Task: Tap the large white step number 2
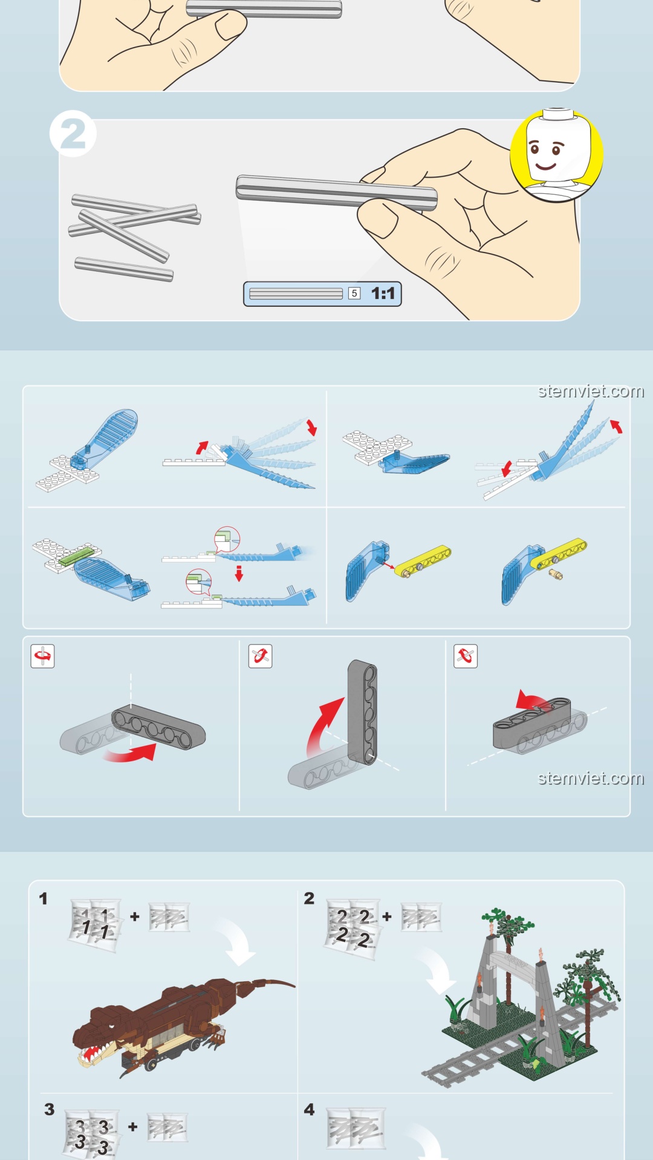pos(73,134)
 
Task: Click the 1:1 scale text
pos(383,294)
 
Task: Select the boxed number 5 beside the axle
pos(354,294)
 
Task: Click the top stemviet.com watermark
pos(591,391)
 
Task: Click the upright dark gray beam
pos(363,712)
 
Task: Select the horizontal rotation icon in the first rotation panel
pos(43,656)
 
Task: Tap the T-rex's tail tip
pos(292,985)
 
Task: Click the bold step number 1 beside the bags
pos(43,898)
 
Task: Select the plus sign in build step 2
pos(387,917)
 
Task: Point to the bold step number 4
pos(309,1109)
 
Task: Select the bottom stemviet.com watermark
pos(591,778)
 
